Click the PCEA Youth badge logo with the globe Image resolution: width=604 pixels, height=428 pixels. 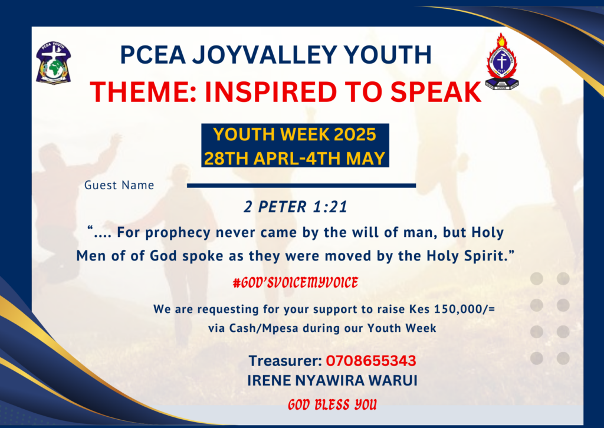[x=54, y=62]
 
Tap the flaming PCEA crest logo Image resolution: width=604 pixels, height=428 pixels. [x=501, y=61]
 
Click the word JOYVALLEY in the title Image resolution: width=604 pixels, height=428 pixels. [x=265, y=54]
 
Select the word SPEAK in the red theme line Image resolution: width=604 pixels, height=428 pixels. [x=435, y=92]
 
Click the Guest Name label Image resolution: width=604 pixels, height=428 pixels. [x=119, y=185]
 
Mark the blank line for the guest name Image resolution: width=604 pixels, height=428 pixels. [x=301, y=186]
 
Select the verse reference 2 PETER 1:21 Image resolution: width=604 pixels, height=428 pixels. [x=296, y=207]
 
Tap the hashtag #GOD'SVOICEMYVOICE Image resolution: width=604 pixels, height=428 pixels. [x=296, y=283]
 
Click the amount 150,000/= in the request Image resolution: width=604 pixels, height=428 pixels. [x=465, y=309]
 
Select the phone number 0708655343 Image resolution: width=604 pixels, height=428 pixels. [x=371, y=361]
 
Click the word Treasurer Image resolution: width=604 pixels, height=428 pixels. [x=285, y=361]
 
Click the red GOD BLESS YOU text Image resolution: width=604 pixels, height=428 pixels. [x=332, y=405]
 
